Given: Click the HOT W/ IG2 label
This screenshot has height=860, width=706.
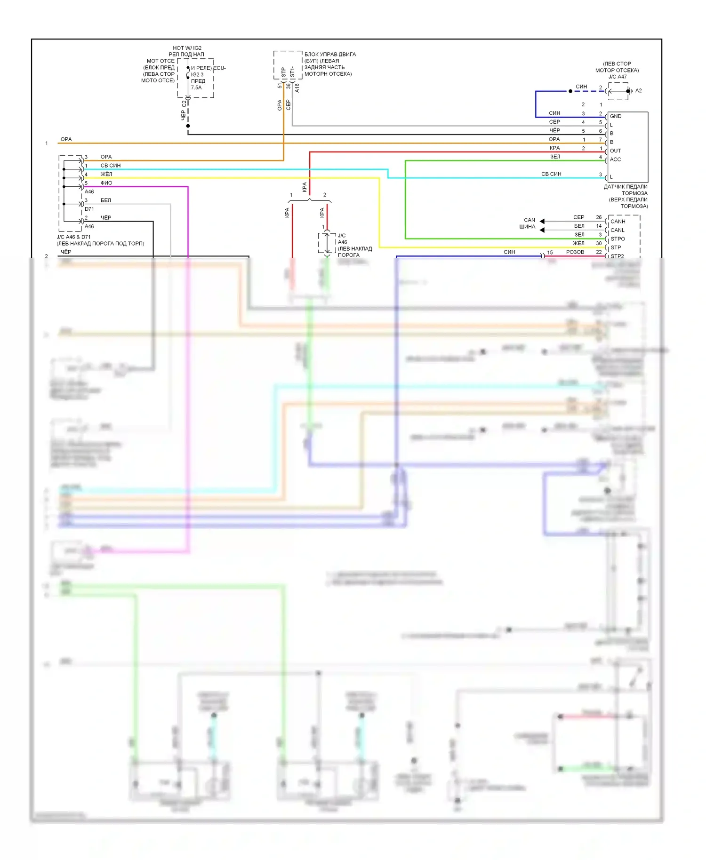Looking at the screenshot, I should point(187,48).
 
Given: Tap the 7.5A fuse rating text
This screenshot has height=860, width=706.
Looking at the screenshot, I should point(196,88).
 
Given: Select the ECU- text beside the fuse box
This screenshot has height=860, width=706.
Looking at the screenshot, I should point(220,68).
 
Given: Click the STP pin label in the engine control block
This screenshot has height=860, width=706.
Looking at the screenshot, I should point(283,72).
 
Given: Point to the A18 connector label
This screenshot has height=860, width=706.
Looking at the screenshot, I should point(297,88).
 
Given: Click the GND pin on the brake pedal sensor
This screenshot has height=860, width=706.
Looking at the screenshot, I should point(616,116).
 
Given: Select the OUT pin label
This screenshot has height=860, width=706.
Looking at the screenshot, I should point(615,151).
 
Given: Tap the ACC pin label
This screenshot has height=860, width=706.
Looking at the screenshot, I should point(615,159).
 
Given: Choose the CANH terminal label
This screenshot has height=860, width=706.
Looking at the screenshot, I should point(618,222).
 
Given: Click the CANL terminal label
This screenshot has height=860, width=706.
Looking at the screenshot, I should point(618,230).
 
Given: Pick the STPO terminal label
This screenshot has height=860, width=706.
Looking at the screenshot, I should point(618,239).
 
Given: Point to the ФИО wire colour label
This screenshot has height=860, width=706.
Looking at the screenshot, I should point(106,183).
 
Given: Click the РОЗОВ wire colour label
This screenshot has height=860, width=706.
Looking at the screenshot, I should point(575,252).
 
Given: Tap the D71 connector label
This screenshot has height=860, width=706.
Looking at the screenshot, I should point(89,209).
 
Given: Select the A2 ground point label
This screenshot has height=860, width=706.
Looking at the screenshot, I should point(639,91).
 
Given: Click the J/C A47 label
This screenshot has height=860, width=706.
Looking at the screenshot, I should point(618,77).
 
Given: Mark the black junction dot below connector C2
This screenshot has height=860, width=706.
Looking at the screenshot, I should point(188,126).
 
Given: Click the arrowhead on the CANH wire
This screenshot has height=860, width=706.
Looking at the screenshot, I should point(542,221).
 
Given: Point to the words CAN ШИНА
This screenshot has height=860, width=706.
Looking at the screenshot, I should point(528,223).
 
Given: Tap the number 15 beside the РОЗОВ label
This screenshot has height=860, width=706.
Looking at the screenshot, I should point(550,253).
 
